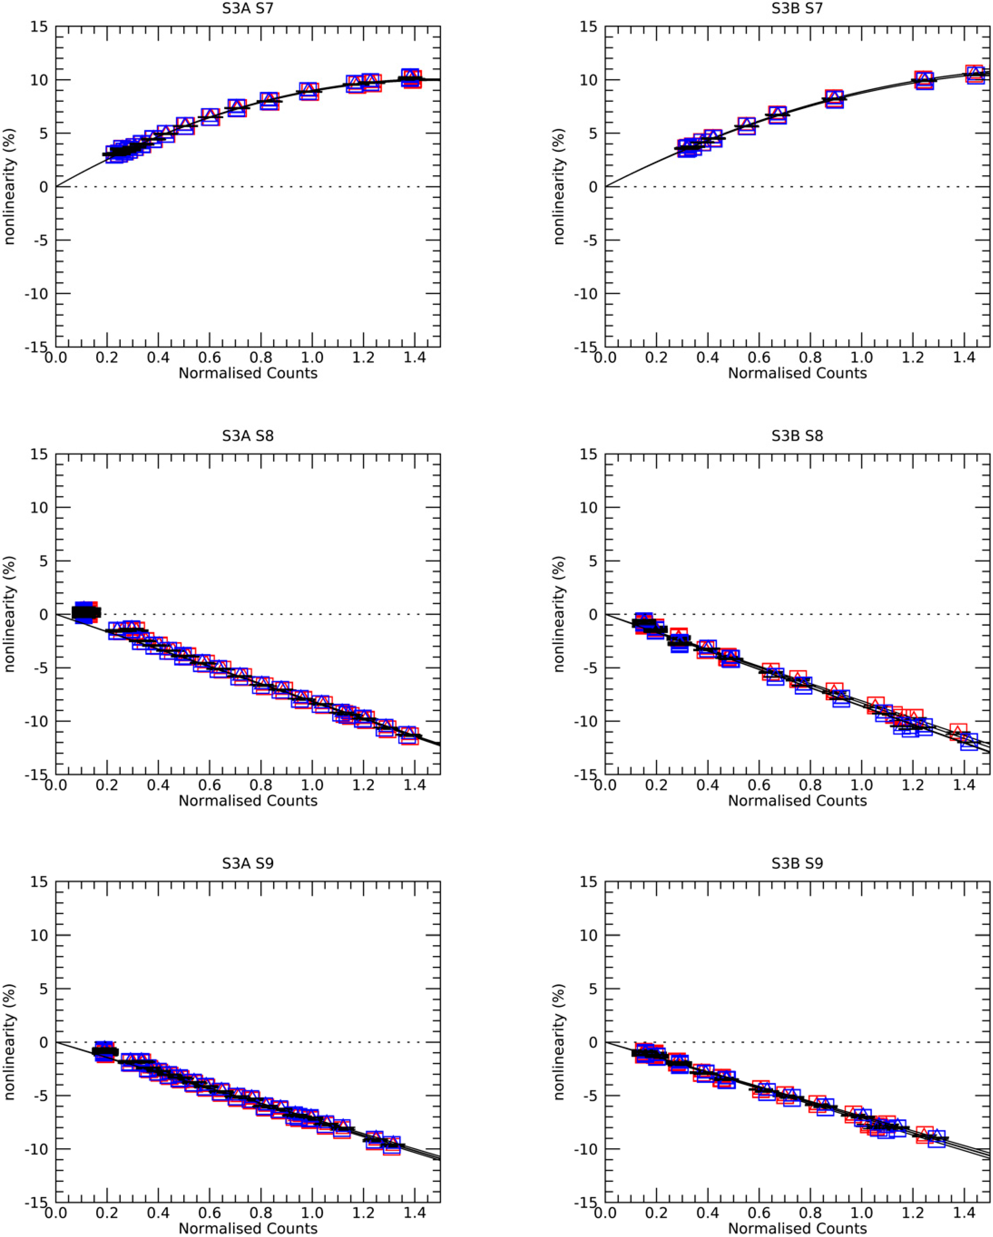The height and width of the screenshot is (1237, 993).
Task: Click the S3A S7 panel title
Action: [248, 8]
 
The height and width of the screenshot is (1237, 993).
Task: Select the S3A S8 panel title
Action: [248, 435]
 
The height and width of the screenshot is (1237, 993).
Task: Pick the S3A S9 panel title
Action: [248, 863]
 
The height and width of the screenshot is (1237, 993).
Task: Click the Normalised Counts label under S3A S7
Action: [248, 373]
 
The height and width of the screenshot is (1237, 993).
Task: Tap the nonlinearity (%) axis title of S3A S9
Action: [9, 1041]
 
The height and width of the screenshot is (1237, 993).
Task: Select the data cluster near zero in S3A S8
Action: [85, 612]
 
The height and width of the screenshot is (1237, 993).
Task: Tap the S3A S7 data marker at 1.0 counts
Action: [309, 91]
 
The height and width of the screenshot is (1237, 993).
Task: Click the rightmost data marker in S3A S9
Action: [392, 1145]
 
